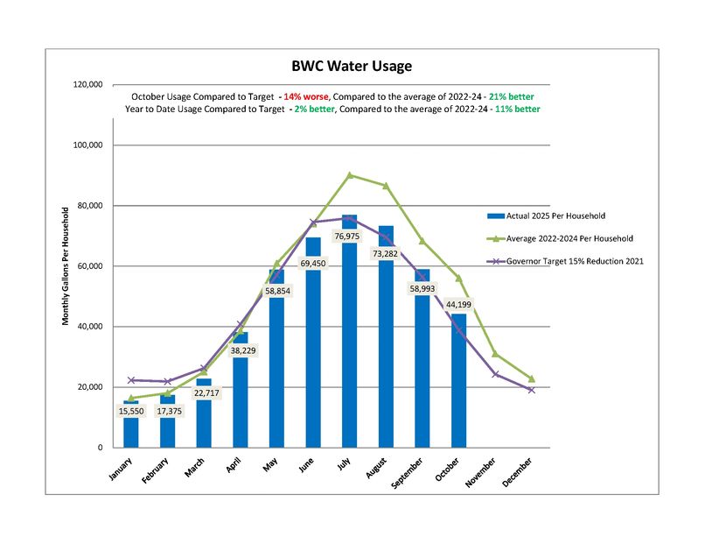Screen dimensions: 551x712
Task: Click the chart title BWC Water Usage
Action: click(351, 66)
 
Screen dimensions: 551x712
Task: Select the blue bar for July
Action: click(350, 350)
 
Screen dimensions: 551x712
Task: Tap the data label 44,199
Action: click(458, 305)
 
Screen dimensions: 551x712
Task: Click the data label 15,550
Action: click(131, 411)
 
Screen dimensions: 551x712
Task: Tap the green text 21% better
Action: click(511, 95)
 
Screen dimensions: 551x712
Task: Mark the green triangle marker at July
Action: click(350, 175)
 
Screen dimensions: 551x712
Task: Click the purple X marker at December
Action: click(531, 390)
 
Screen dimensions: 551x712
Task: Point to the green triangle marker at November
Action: click(495, 354)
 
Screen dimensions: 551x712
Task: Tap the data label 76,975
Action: click(350, 237)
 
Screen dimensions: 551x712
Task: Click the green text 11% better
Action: click(517, 109)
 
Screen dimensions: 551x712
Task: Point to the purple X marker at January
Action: click(131, 380)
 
